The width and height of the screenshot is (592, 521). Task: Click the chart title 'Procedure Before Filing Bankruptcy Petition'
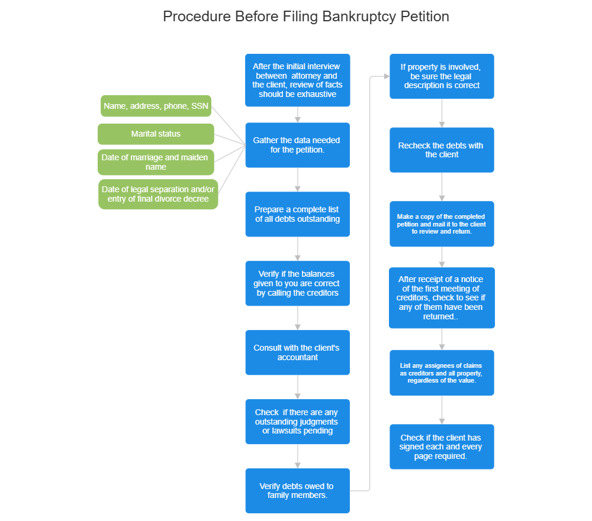305,17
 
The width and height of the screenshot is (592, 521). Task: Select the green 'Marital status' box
156,134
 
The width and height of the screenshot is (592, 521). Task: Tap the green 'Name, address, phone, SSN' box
156,106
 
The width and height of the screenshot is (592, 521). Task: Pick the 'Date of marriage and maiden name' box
156,163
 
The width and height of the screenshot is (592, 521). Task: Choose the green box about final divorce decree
158,194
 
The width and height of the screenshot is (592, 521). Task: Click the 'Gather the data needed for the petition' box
297,145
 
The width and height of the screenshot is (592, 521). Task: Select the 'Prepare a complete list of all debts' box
297,214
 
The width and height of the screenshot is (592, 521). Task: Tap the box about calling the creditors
297,283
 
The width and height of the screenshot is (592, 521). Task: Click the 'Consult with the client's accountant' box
297,352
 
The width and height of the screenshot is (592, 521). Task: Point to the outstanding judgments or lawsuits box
297,422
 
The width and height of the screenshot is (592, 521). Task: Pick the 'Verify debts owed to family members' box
297,491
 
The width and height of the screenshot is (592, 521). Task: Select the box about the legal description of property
442,76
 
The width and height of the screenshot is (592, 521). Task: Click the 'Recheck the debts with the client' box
442,150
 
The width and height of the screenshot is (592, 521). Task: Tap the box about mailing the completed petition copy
442,224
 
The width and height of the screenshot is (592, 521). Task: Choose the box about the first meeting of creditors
442,298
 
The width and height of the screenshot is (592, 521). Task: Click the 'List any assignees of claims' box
442,373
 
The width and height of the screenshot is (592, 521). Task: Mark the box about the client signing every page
442,447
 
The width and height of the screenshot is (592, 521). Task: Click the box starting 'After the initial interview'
297,80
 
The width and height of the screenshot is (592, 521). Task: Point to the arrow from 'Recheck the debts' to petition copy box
442,187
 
